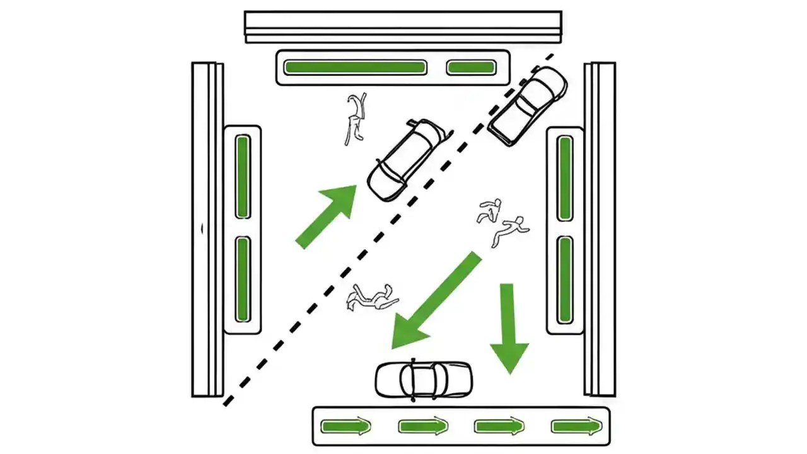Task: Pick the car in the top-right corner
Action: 528,105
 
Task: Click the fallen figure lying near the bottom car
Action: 371,297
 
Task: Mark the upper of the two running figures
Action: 490,211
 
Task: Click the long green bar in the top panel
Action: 354,67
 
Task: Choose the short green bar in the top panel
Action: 471,67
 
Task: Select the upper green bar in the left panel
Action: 242,177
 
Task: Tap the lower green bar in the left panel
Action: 242,279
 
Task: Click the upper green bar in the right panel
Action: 565,178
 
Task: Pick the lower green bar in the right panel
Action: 565,279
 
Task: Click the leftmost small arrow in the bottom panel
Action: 345,427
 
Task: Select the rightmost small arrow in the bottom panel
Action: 576,427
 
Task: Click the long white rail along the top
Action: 403,26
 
